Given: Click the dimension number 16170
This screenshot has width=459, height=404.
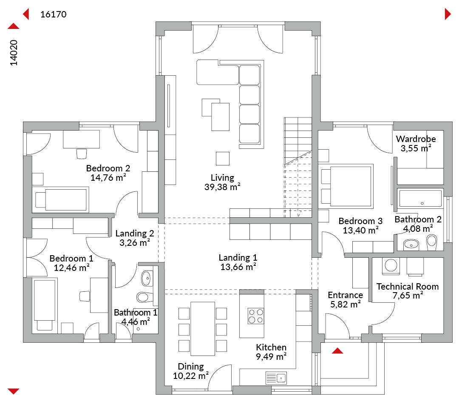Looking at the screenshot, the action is (53, 14).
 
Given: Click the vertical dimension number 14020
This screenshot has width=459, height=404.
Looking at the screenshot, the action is (14, 53).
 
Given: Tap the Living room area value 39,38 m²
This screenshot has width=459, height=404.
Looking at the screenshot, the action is (222, 187).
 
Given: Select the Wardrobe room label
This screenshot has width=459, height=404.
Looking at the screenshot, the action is (416, 139).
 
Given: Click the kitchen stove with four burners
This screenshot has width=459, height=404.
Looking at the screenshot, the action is (255, 316).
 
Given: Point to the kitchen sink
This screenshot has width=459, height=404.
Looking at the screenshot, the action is (276, 378).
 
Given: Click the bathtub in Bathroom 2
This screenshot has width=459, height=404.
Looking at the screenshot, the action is (420, 198).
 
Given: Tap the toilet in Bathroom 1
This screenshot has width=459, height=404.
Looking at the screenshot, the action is (144, 297).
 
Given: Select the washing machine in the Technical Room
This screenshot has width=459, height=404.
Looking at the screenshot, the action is (391, 266).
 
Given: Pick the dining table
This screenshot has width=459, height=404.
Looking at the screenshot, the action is (203, 329).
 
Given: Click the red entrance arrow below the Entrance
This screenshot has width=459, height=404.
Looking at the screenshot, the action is (337, 351).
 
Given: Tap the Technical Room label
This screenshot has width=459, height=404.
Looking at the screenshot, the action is (408, 286).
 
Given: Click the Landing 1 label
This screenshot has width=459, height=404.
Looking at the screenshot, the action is (238, 258).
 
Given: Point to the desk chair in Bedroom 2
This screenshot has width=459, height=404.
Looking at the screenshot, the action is (81, 154).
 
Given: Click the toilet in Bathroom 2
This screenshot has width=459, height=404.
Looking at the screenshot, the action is (432, 242).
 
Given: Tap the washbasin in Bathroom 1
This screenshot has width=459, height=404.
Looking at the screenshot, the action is (147, 278).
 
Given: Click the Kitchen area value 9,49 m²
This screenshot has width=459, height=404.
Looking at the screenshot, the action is (271, 356).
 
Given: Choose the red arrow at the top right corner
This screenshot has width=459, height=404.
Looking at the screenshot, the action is (448, 14).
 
